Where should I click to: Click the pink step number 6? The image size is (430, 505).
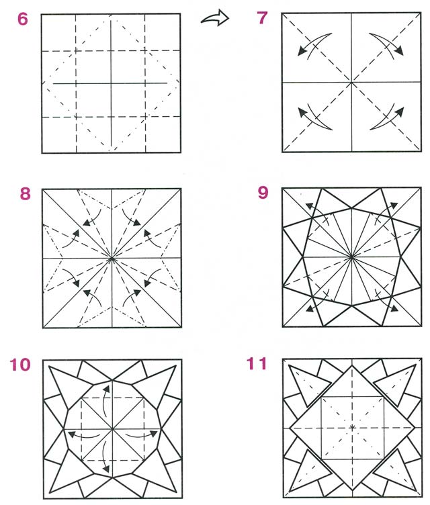coord(23,19)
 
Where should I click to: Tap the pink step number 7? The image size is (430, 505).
coord(263,18)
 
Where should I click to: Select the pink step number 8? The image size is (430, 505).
coord(25,194)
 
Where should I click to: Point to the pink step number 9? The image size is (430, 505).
coord(263,193)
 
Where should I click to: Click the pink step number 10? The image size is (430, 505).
coord(20,365)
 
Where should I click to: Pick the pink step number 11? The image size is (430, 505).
coord(257,363)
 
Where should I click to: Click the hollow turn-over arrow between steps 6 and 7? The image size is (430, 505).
coord(215,18)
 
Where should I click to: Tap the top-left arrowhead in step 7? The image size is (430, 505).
coord(302,52)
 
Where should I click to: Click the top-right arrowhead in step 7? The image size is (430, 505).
coord(399,51)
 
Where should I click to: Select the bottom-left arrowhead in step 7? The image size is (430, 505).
coord(302,112)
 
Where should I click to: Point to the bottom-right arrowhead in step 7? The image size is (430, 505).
coord(400,111)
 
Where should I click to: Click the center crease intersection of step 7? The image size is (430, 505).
coord(351,83)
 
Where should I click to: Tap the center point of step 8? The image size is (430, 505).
coord(112,259)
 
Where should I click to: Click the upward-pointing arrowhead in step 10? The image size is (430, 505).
coord(107,389)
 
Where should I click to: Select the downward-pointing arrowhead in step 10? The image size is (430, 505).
coord(106,468)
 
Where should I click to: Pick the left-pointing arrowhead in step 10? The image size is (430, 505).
coord(72,434)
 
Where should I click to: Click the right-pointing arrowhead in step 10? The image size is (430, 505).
coord(153,434)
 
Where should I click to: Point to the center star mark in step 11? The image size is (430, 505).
coord(352,428)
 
